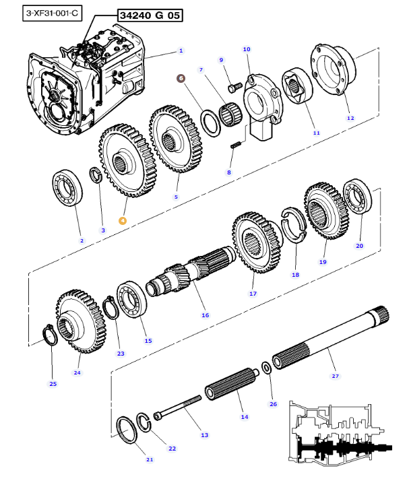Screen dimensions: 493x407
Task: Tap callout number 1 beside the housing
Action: click(181, 51)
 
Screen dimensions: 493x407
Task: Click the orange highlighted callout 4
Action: click(123, 220)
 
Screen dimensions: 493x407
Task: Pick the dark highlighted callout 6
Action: click(180, 78)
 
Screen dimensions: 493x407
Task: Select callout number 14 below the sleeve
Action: click(245, 417)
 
